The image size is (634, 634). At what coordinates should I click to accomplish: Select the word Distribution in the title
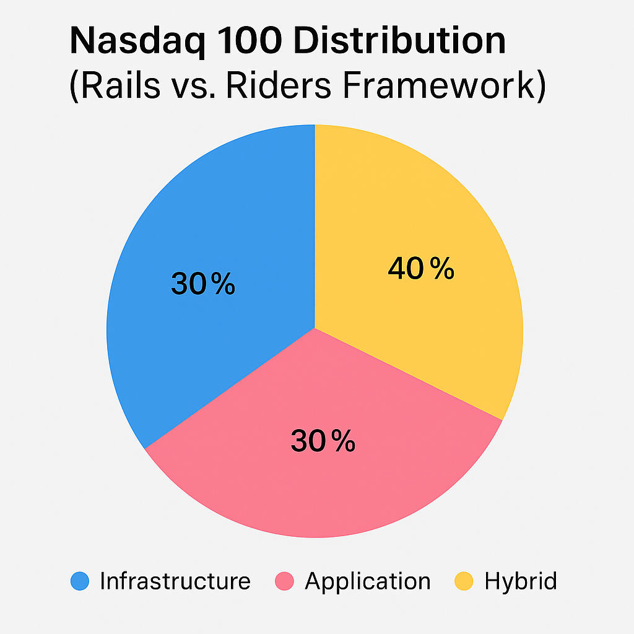click(x=400, y=40)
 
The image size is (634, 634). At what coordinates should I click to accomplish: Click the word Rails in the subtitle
click(x=121, y=85)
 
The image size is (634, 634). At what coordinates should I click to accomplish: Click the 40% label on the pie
click(x=421, y=268)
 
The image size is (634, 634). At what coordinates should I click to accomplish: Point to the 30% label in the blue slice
click(x=203, y=284)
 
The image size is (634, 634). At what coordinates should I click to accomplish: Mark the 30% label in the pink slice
click(x=323, y=441)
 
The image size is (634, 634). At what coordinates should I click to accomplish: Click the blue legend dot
click(x=80, y=581)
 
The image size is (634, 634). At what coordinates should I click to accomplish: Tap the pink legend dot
click(x=284, y=581)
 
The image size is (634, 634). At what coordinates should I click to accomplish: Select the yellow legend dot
click(x=464, y=581)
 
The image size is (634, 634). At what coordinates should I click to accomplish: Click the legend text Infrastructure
click(x=175, y=581)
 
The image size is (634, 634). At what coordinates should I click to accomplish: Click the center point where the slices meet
click(x=315, y=328)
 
